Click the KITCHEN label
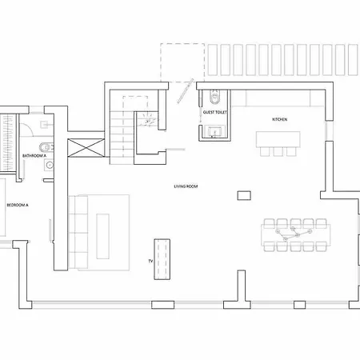tap(279, 119)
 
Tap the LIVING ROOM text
tap(186, 186)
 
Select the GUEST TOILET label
tap(214, 112)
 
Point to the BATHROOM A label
tap(34, 155)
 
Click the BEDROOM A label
tap(18, 205)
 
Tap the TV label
tap(150, 261)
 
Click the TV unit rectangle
tap(162, 259)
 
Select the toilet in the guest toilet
tap(214, 97)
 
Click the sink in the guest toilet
tap(214, 131)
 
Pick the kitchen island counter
tap(278, 139)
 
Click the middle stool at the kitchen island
tap(278, 152)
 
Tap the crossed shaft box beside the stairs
tap(86, 148)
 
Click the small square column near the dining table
tap(244, 195)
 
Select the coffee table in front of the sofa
tap(102, 236)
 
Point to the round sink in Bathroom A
tap(49, 165)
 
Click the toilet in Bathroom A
tap(46, 147)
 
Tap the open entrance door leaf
tap(185, 91)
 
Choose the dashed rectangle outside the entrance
tap(182, 62)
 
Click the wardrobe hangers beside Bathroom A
tap(7, 143)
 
